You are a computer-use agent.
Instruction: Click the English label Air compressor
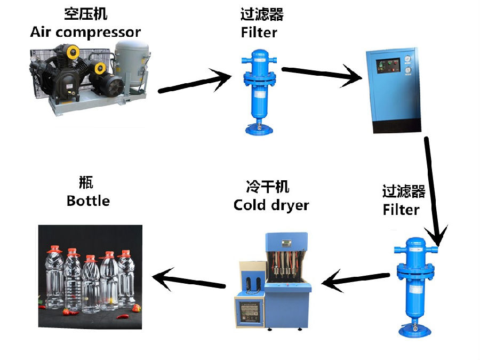(x=85, y=32)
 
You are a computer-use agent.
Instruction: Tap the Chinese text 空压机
(x=85, y=14)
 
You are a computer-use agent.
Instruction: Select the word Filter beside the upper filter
(x=259, y=32)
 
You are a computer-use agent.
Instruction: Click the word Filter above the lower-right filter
(x=401, y=210)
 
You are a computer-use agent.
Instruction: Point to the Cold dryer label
(x=271, y=205)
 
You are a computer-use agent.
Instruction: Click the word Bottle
(x=88, y=201)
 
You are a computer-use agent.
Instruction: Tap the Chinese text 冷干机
(x=268, y=187)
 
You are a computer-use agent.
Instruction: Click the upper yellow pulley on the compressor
(x=73, y=51)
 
